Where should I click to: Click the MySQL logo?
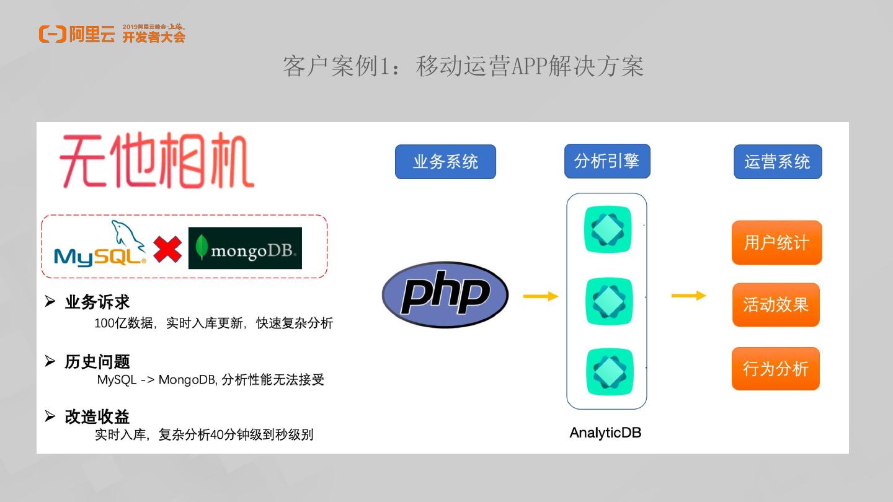[x=100, y=246]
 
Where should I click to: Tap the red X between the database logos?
[x=167, y=249]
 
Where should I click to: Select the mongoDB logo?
[x=245, y=248]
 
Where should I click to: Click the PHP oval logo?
[x=445, y=294]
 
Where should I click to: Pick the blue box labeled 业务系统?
[x=445, y=162]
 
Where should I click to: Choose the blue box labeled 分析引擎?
[x=606, y=161]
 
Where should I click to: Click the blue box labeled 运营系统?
[x=777, y=162]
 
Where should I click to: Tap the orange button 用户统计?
[x=776, y=242]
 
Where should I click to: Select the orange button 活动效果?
[x=776, y=305]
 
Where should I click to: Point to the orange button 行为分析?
[x=775, y=369]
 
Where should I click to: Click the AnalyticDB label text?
[x=605, y=433]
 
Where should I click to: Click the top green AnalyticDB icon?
[x=608, y=229]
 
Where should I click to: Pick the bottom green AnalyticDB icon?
[x=610, y=372]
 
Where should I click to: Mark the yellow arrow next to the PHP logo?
[x=541, y=296]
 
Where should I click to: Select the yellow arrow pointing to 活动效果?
[x=688, y=296]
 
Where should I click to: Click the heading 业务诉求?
[x=97, y=302]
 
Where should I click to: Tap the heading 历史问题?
[x=97, y=362]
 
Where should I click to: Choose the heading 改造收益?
[x=97, y=416]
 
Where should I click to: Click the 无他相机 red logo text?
[x=156, y=163]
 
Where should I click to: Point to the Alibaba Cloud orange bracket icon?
[x=52, y=34]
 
